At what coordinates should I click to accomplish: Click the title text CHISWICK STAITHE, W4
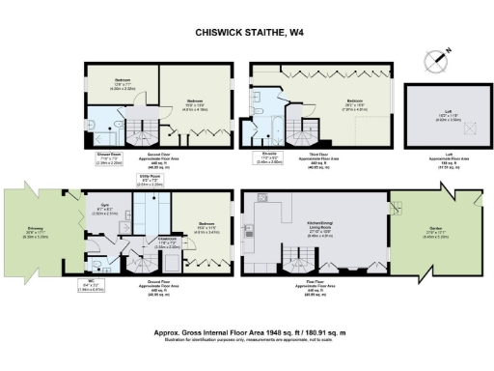[x=247, y=32]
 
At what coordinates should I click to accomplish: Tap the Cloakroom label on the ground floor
[x=145, y=244]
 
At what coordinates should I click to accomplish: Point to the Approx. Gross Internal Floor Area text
[x=247, y=330]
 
